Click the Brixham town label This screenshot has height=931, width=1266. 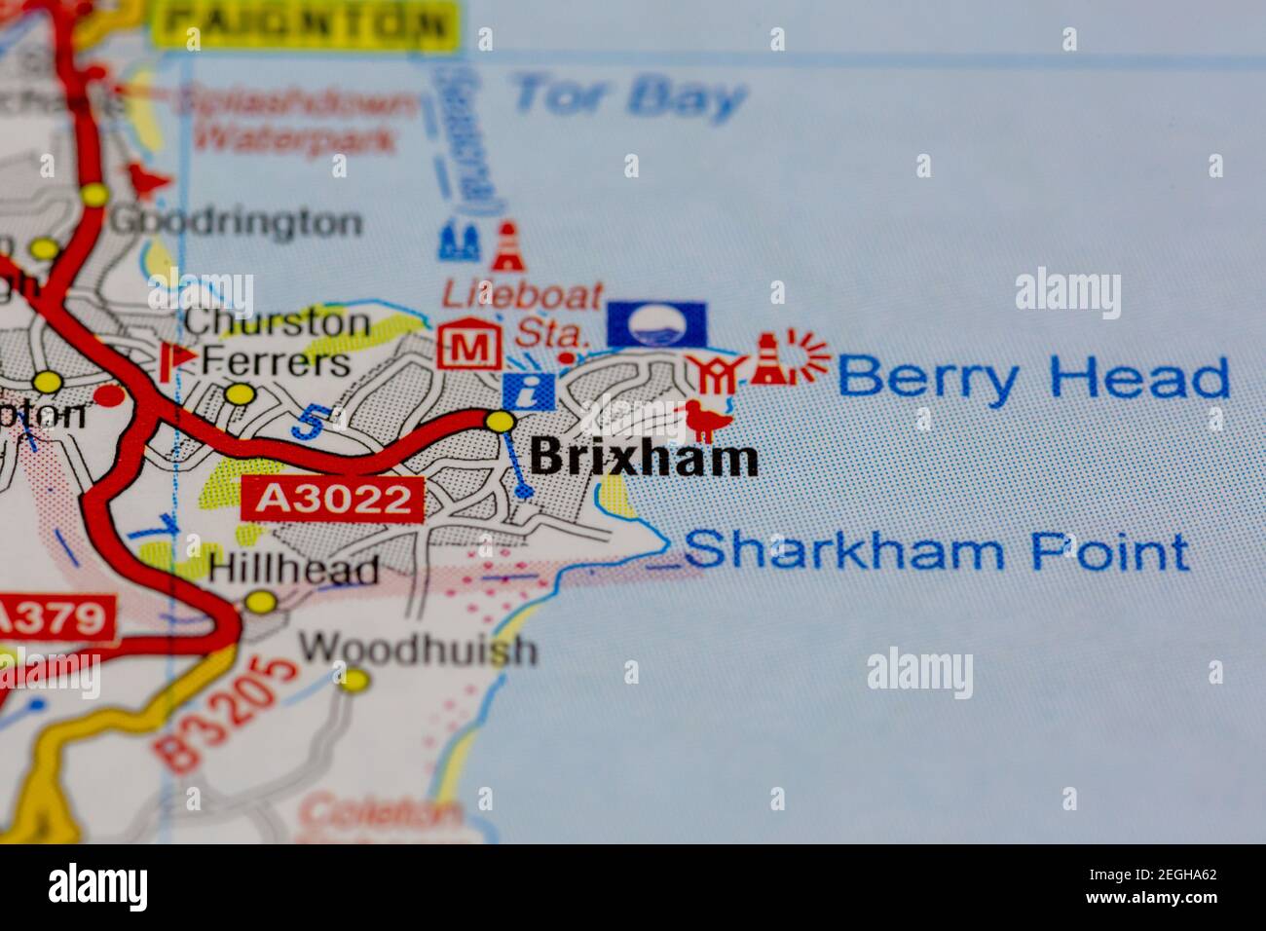(x=644, y=458)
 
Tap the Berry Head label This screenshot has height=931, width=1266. (x=1033, y=378)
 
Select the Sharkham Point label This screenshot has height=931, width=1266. (x=936, y=551)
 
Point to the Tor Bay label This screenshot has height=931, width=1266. (x=629, y=96)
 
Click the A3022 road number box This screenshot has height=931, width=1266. (x=333, y=500)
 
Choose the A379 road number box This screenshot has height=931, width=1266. (x=55, y=617)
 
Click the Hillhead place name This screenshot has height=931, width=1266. (x=294, y=570)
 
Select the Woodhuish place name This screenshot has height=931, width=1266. (x=418, y=649)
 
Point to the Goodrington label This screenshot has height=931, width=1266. (x=236, y=223)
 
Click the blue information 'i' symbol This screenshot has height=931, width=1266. (x=529, y=391)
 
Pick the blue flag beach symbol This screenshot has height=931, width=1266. (x=656, y=324)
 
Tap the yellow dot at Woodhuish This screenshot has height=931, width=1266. (x=356, y=678)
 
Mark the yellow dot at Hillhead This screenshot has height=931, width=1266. (x=260, y=603)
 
